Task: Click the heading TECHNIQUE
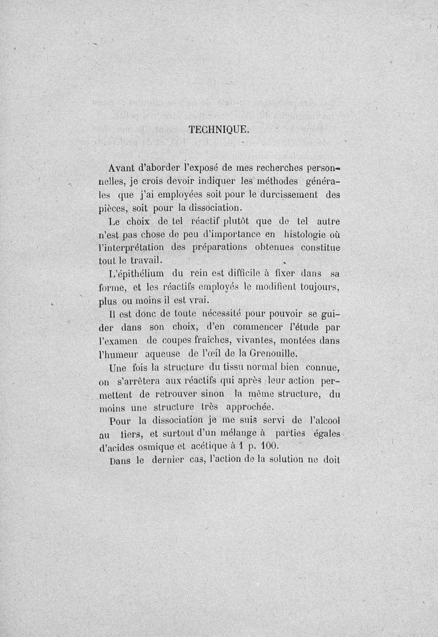point(218,130)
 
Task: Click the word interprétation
point(129,248)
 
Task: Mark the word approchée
point(247,407)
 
